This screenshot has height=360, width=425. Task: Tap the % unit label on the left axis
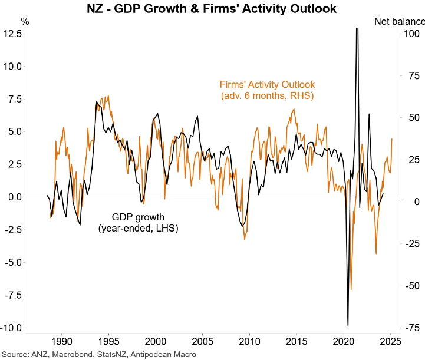click(25, 22)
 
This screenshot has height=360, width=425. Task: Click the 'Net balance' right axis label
click(399, 22)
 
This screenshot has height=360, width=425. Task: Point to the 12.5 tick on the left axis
click(13, 34)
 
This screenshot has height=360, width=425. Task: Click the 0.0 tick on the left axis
click(15, 197)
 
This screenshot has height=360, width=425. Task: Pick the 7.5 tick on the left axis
click(15, 99)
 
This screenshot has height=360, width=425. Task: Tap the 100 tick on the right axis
click(413, 34)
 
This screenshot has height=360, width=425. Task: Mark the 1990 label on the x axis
click(61, 341)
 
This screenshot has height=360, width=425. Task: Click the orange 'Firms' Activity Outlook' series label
click(267, 90)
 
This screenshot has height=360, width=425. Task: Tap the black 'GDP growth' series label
click(138, 223)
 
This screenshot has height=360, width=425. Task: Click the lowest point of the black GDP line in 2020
click(348, 325)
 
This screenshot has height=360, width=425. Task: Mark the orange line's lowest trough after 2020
click(351, 289)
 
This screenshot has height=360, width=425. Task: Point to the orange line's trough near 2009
click(244, 239)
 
